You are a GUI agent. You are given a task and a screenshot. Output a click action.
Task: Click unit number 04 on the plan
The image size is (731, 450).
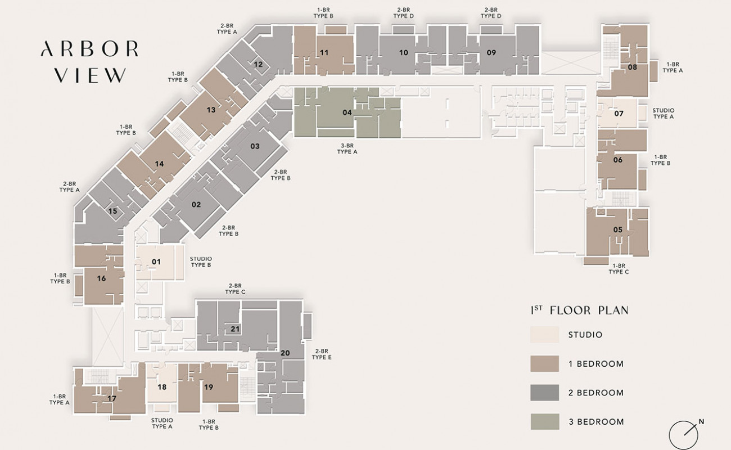[347, 112]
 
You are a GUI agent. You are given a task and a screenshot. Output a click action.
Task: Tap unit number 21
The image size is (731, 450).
[235, 329]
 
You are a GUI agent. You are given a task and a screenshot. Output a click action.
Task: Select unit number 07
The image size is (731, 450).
[619, 114]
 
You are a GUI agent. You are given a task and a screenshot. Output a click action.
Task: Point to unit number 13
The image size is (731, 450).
[211, 110]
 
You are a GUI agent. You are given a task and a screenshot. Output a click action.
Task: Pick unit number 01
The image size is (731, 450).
[156, 262]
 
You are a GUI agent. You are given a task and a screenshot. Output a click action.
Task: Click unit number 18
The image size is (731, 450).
[162, 388]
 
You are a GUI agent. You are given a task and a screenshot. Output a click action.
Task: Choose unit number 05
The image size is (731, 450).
[618, 230]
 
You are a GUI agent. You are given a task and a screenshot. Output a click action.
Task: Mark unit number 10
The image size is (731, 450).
[404, 52]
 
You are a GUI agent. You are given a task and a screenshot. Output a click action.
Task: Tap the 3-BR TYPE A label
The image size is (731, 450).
[348, 149]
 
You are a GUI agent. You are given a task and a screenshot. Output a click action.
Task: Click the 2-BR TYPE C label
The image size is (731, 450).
[235, 289]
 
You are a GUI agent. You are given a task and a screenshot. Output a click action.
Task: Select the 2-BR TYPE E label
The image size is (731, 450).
[322, 354]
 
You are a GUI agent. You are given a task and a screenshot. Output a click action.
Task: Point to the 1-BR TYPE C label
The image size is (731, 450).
[619, 269]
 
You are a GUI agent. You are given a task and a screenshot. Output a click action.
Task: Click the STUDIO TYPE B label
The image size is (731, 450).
[201, 262]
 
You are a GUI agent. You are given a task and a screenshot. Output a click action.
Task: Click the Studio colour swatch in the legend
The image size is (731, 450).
[544, 334]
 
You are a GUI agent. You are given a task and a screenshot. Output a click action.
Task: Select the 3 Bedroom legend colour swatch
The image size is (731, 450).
[545, 421]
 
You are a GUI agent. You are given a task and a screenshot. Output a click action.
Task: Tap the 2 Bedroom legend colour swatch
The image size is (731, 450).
[544, 393]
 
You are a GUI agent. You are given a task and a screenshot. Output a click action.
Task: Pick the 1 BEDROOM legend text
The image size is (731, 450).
[596, 364]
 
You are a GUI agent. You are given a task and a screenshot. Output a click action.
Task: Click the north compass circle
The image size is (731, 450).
[683, 435]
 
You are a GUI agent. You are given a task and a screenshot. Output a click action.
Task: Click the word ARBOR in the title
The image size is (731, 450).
[90, 49]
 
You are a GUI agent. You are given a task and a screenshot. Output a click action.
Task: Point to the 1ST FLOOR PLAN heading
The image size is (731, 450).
[579, 310]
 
